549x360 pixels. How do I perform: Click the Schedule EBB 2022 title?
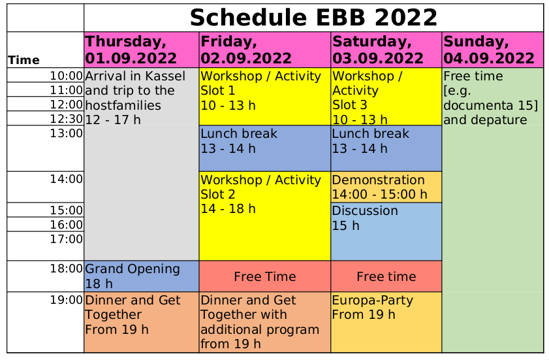tap(314, 18)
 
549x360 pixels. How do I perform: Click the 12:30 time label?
tap(66, 119)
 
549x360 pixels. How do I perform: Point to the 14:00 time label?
tap(66, 179)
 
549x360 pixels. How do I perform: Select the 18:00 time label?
tap(66, 269)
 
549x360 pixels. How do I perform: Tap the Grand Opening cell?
tap(142, 276)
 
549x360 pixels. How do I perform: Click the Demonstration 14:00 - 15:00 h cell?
tap(386, 187)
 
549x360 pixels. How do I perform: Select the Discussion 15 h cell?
tap(386, 232)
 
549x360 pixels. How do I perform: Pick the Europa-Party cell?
tap(386, 322)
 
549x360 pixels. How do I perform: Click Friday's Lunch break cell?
tap(264, 148)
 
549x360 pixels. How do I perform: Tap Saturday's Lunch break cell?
tap(386, 148)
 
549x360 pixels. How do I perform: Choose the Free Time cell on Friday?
tap(264, 276)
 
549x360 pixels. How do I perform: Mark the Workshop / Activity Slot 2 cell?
tap(264, 216)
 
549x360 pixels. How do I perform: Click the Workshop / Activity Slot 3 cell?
tap(386, 97)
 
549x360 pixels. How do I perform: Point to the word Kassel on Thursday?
tap(165, 76)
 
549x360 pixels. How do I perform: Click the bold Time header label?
tap(24, 60)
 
